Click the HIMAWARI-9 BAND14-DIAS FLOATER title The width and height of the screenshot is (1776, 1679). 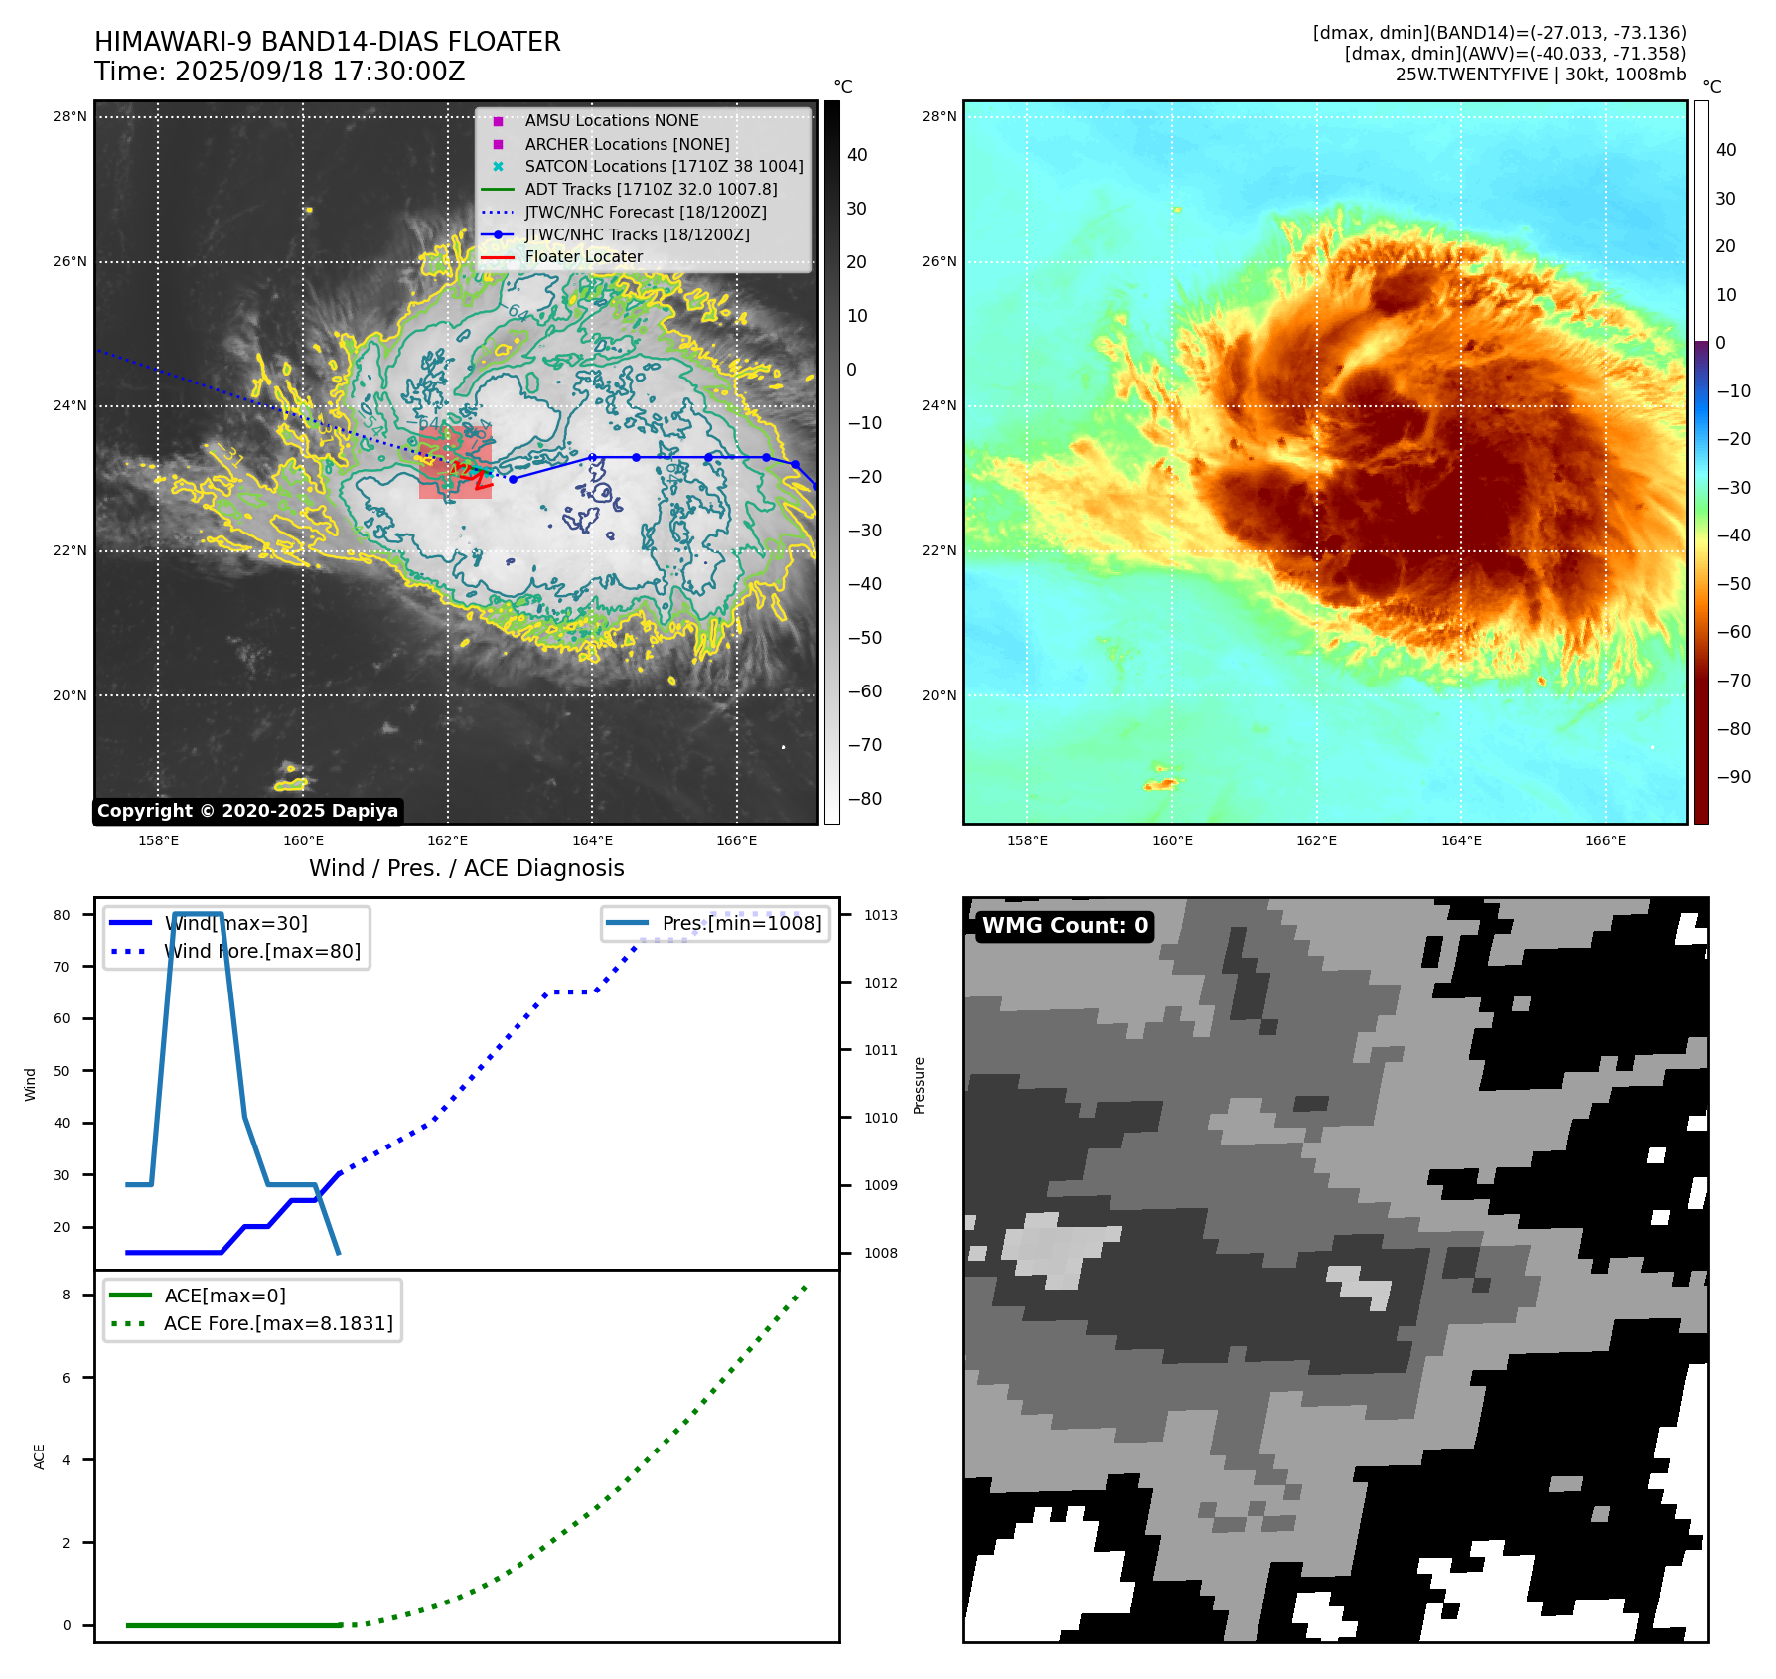click(x=327, y=42)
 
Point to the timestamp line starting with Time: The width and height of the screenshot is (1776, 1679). click(x=279, y=72)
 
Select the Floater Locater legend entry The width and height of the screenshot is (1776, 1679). click(x=583, y=257)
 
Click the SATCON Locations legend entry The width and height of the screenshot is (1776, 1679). click(x=663, y=167)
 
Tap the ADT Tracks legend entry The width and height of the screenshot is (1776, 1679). click(x=651, y=190)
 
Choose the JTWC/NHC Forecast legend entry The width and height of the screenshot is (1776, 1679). click(x=645, y=213)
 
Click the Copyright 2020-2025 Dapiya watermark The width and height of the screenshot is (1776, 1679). click(x=247, y=811)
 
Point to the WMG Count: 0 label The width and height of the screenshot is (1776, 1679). click(x=1064, y=926)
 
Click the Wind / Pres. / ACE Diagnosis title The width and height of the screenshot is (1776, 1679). click(x=466, y=868)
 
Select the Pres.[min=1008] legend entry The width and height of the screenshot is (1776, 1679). click(x=741, y=924)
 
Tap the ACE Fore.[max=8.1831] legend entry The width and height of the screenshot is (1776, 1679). click(x=278, y=1324)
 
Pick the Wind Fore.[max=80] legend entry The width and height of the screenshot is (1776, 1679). click(x=262, y=952)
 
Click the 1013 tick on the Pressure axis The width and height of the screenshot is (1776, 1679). click(x=880, y=915)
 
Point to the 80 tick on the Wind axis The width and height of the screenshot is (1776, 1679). click(x=62, y=915)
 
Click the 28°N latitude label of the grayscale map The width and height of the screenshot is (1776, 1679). click(x=70, y=117)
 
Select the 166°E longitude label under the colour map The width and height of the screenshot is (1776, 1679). click(x=1605, y=841)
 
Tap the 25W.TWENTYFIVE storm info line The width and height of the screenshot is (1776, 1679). click(x=1540, y=75)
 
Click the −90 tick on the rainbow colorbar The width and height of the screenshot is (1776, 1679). click(x=1734, y=777)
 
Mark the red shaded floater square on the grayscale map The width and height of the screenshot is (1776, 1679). click(x=455, y=463)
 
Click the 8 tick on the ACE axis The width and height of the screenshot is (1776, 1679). click(x=66, y=1296)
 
